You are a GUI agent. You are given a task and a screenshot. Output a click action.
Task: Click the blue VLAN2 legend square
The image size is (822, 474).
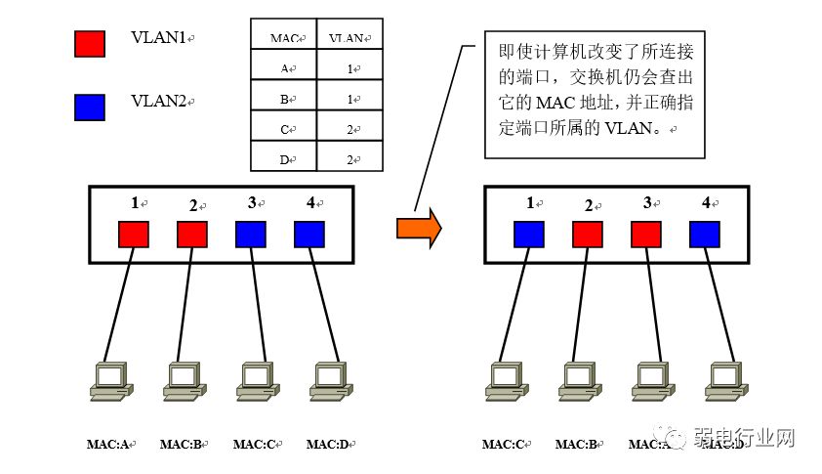[89, 107]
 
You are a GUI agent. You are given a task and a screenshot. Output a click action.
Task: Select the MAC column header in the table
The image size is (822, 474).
[284, 38]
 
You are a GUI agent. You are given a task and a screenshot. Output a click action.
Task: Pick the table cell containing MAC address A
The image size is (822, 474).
[284, 68]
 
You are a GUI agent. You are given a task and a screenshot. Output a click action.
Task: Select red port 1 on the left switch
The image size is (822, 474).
[134, 235]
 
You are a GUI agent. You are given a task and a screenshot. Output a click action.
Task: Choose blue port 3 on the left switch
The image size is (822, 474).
[251, 235]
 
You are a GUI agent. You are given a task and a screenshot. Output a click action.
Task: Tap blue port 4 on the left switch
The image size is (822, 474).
[309, 235]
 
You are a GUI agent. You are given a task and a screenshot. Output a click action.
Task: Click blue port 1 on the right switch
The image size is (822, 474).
[529, 235]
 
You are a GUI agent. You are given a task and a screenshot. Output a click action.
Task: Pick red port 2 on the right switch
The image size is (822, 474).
[588, 235]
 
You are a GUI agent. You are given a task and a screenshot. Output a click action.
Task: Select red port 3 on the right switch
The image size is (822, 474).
[646, 235]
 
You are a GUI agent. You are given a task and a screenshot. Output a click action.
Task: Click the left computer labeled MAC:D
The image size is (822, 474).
[328, 380]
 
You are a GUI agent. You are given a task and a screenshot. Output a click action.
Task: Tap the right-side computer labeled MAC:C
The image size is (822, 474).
[504, 380]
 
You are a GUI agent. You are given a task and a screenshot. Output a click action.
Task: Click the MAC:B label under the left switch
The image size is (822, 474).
[183, 445]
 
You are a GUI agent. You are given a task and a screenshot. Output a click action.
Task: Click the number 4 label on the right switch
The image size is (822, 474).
[706, 203]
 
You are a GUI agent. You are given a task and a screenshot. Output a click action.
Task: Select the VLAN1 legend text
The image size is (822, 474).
[159, 38]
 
